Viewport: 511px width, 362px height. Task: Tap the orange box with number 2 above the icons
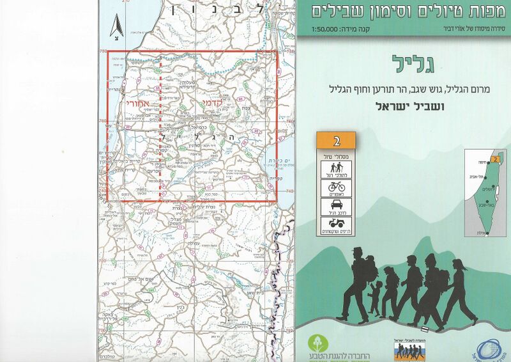pyautogui.click(x=336, y=139)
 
